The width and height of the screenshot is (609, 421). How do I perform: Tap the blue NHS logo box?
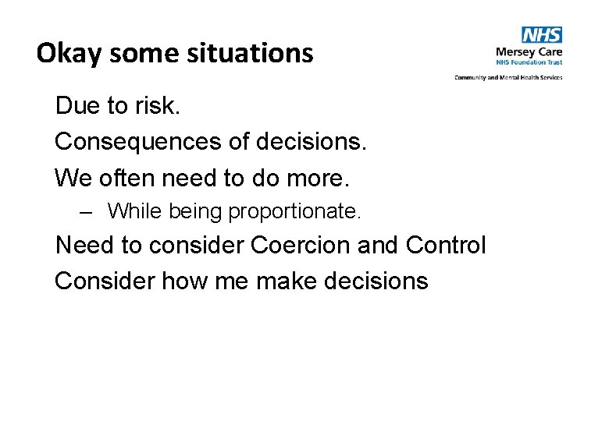542,35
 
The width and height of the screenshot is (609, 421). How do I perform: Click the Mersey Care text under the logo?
529,52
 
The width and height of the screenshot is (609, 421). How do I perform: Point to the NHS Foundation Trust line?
529,62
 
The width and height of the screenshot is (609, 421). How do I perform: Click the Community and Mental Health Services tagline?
508,77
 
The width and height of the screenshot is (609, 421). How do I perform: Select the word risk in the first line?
160,106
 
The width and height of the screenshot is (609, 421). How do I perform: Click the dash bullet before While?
86,210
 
